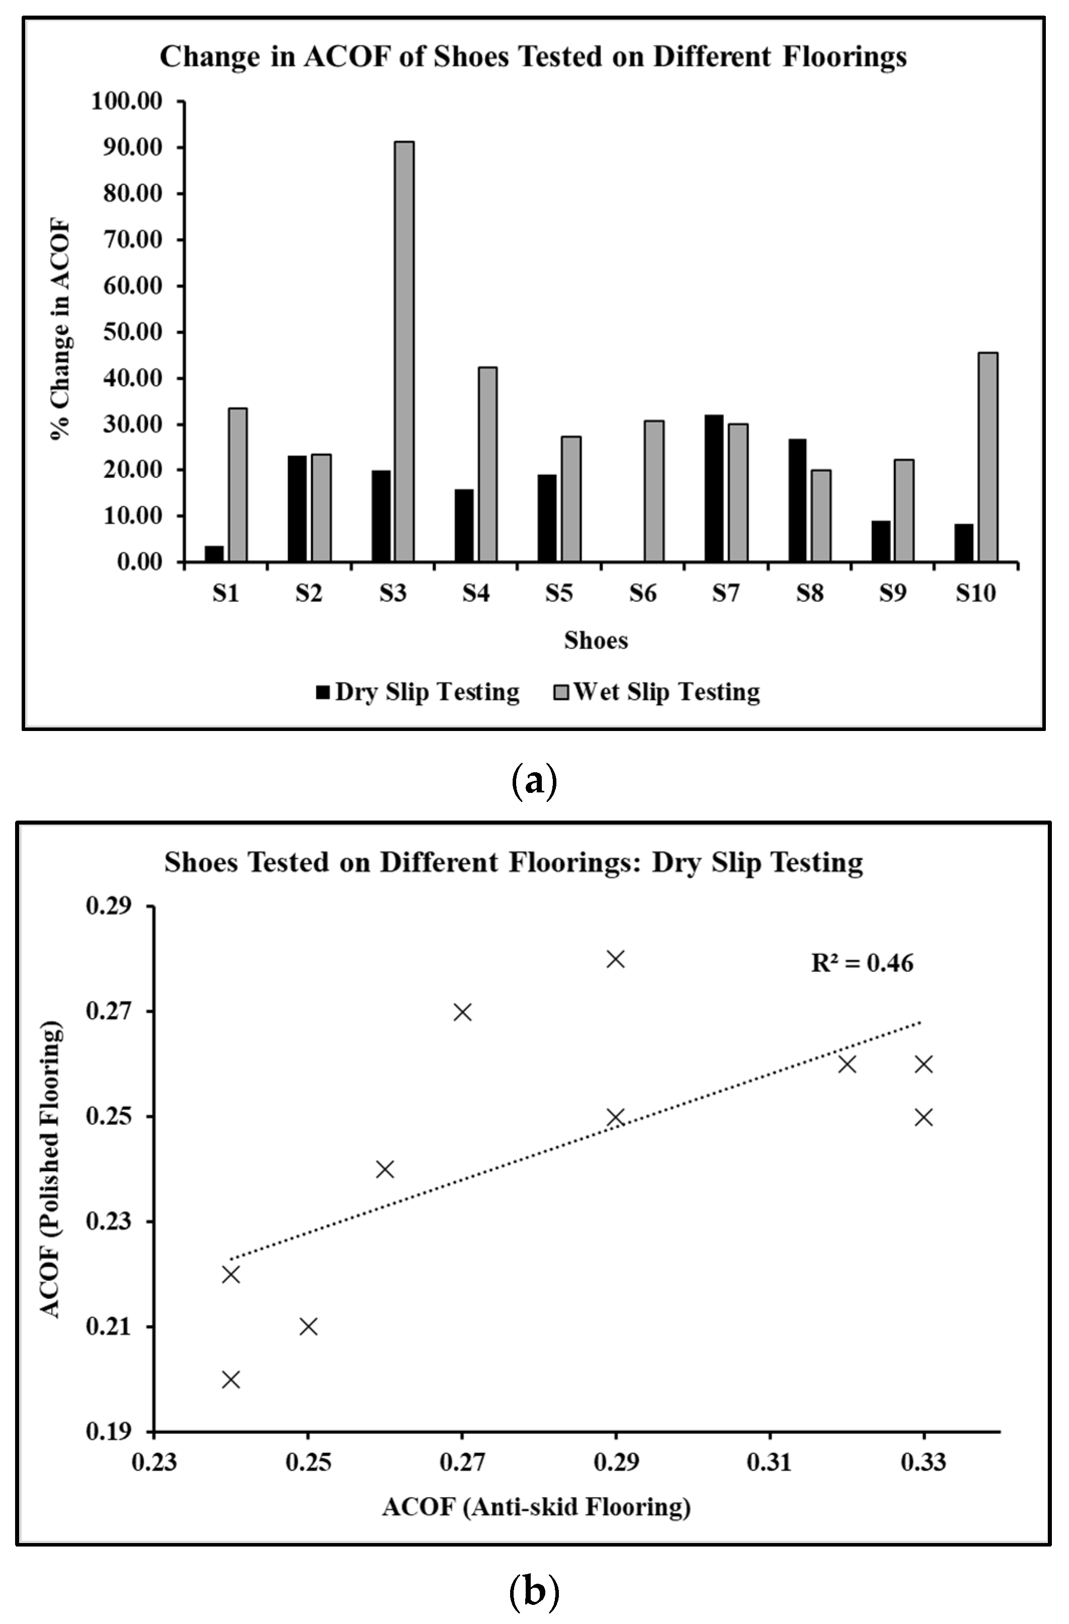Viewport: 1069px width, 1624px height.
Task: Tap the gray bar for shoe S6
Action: coord(653,492)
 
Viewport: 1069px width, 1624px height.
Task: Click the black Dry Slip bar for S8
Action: coord(797,500)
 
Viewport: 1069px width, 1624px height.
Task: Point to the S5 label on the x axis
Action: coord(559,594)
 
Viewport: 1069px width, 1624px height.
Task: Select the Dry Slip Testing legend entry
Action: coord(418,692)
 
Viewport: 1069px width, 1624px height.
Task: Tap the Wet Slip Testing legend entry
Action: coord(656,692)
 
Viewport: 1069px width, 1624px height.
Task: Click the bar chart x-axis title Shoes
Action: coord(596,640)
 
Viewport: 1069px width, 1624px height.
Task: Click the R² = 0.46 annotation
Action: coord(862,963)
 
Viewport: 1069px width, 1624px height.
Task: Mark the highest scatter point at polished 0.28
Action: coord(616,959)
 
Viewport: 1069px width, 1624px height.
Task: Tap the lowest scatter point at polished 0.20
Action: coord(231,1379)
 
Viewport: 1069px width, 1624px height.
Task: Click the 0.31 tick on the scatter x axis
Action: coord(770,1463)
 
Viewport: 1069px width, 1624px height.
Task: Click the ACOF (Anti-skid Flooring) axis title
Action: coord(536,1507)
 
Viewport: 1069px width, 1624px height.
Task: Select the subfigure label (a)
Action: coord(534,779)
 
